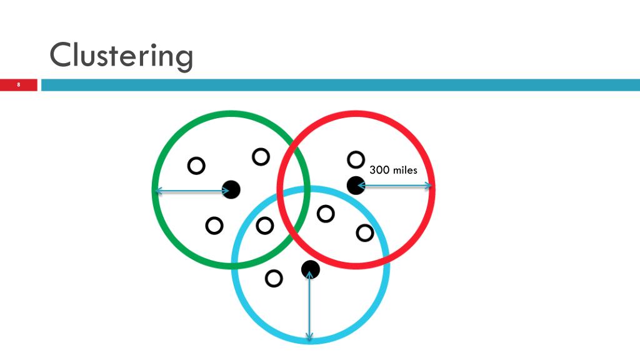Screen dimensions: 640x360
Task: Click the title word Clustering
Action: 121,56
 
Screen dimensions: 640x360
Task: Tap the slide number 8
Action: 19,84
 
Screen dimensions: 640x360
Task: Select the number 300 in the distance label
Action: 379,169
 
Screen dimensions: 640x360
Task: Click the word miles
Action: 404,169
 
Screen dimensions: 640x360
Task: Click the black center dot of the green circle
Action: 231,189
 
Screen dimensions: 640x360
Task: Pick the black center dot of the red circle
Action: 356,185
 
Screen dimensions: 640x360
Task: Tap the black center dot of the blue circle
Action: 311,269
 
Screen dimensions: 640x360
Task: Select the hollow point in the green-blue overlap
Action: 265,225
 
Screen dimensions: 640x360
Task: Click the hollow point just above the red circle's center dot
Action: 356,160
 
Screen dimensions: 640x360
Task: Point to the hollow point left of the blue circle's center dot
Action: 274,278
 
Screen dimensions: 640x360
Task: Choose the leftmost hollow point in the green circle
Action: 196,166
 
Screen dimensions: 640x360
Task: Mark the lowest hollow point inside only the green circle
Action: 214,225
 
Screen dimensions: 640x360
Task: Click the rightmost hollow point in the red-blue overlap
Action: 364,233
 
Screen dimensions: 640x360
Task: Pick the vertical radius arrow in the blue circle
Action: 309,306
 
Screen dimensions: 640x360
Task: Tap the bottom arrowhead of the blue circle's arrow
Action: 309,338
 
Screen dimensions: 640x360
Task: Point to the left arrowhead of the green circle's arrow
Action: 158,191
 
